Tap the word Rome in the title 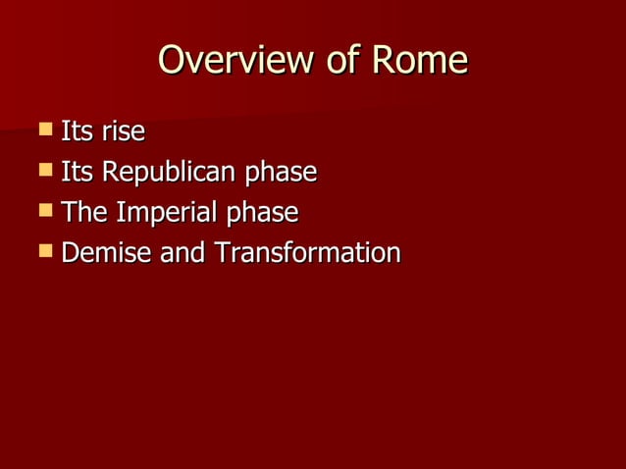point(419,61)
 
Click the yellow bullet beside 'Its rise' point(45,129)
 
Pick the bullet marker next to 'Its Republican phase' point(45,170)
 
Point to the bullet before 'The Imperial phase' point(45,210)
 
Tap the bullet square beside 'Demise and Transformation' point(45,251)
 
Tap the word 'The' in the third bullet point(84,213)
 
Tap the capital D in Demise point(70,253)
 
